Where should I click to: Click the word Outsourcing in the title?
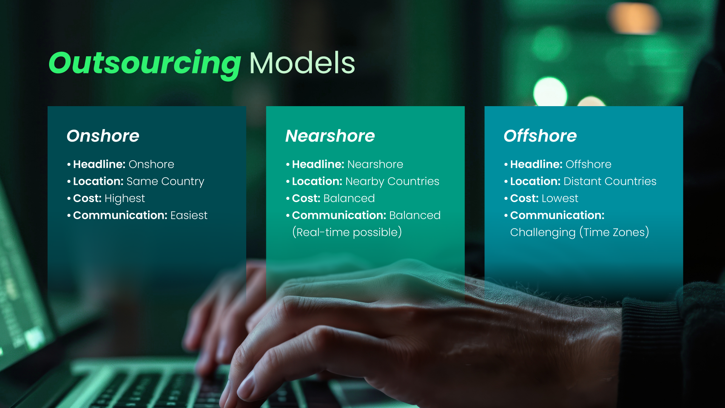145,63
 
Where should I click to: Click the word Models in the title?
302,63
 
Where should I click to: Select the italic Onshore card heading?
103,136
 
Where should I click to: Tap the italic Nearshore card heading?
330,136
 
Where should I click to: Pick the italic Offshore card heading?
540,136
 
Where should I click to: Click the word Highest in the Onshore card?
125,198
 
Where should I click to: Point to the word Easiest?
189,215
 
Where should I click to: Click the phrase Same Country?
165,182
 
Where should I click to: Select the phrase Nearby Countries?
392,181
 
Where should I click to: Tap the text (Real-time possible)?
347,232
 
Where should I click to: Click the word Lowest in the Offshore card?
560,198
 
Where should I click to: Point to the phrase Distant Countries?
609,181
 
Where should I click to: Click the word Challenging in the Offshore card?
543,232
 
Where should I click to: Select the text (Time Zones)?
614,232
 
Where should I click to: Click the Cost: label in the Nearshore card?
306,198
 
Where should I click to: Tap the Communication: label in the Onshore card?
120,215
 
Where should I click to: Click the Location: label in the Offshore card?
535,181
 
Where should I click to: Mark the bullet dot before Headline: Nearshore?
288,164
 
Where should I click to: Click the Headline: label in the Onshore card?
99,164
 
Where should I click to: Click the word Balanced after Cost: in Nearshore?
349,198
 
